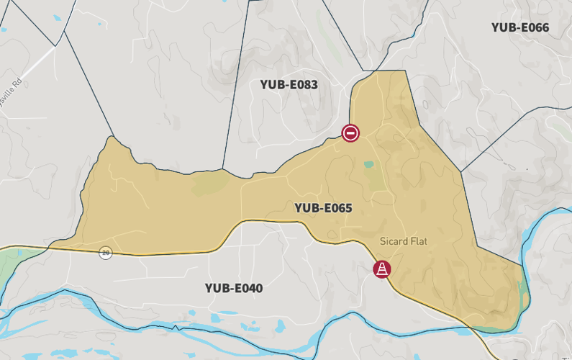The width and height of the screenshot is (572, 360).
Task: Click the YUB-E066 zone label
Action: [520, 27]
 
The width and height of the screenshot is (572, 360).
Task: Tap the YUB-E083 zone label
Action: [289, 84]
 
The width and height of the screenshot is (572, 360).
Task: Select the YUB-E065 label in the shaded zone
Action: [323, 208]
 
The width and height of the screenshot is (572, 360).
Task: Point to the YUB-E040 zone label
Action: [234, 289]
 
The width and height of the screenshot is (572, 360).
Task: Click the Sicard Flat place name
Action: [403, 241]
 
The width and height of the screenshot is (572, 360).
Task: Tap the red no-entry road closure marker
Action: [350, 132]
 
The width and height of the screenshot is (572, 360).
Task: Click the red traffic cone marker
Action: [381, 269]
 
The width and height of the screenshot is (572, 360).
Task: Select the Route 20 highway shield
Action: [106, 252]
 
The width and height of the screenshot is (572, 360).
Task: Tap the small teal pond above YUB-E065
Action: [369, 164]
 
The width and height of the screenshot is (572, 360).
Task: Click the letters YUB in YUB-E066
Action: [504, 27]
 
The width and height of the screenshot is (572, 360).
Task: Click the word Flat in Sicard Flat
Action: [417, 241]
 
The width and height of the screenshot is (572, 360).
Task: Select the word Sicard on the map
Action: [393, 241]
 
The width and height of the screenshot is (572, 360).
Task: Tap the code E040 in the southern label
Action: [248, 289]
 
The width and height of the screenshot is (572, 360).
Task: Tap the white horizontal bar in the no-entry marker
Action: [350, 132]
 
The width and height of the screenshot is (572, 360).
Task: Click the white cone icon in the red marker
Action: [381, 269]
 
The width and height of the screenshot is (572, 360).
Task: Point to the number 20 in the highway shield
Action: [106, 252]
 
